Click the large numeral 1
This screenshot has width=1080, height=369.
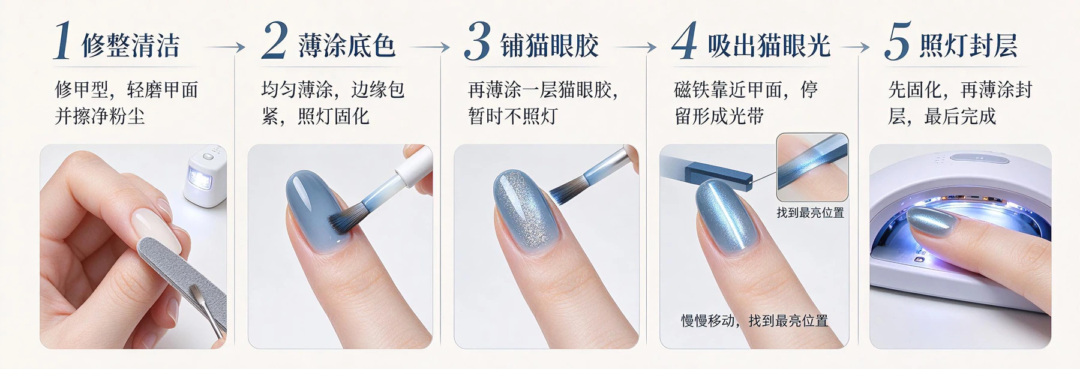pyautogui.click(x=63, y=41)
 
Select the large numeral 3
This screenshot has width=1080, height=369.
pyautogui.click(x=478, y=41)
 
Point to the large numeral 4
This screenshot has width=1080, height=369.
pyautogui.click(x=685, y=41)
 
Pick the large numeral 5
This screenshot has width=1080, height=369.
pyautogui.click(x=898, y=41)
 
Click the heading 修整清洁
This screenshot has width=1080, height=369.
pyautogui.click(x=131, y=46)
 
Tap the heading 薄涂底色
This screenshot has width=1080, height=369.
pyautogui.click(x=347, y=46)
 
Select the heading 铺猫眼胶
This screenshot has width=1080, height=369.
pyautogui.click(x=550, y=46)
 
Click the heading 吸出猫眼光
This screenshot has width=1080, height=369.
pyautogui.click(x=769, y=46)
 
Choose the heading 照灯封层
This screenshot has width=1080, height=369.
pyautogui.click(x=969, y=46)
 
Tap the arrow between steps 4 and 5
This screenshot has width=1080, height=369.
pyautogui.click(x=856, y=47)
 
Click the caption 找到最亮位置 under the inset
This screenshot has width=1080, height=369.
pyautogui.click(x=810, y=213)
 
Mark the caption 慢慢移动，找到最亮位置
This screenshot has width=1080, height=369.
pyautogui.click(x=754, y=321)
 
